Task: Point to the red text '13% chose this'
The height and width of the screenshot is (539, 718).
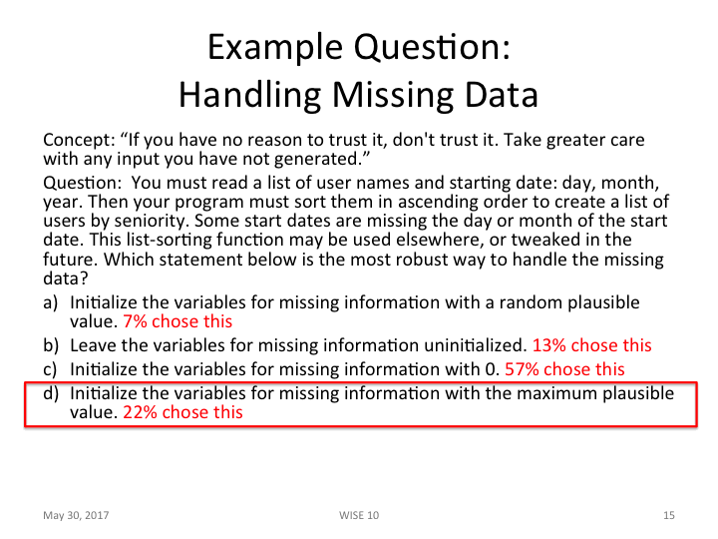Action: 592,345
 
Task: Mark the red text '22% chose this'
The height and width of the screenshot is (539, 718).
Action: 182,411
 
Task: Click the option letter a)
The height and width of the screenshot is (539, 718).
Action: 51,302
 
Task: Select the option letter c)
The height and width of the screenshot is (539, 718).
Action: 51,369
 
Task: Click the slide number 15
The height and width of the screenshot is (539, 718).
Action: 668,515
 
